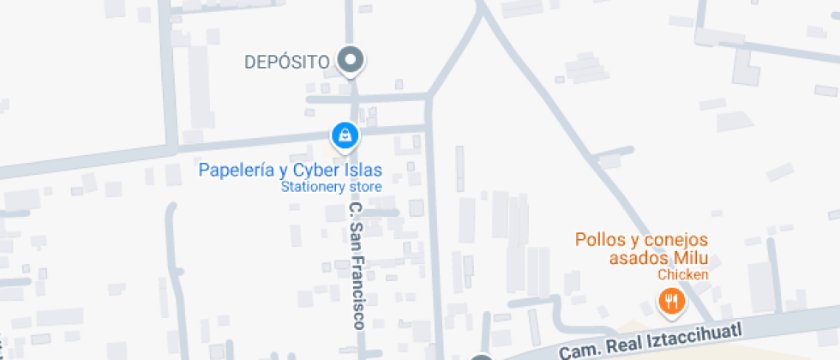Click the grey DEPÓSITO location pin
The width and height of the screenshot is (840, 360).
tap(350, 61)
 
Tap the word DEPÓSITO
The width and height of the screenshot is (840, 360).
tap(287, 62)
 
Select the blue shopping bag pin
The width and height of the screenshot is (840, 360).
tap(345, 134)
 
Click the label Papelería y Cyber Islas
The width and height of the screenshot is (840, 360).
tap(290, 170)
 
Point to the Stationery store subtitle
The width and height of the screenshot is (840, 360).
tap(332, 187)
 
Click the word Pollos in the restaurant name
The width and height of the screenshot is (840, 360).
tap(600, 239)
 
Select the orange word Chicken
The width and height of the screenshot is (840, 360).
tap(683, 275)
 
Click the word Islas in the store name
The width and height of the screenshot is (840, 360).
tap(363, 170)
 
